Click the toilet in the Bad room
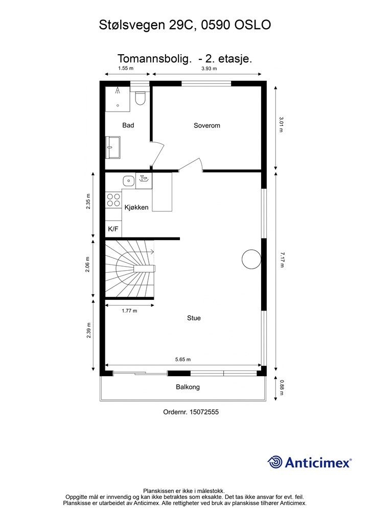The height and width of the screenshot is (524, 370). [x=140, y=98]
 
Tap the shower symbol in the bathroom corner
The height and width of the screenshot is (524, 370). [x=118, y=90]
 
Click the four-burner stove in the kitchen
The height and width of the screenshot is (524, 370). [x=113, y=200]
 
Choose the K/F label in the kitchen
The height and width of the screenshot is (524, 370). [x=113, y=229]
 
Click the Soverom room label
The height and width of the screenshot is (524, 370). [x=207, y=126]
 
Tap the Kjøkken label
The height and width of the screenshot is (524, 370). [x=136, y=207]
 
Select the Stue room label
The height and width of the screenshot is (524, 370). [x=194, y=318]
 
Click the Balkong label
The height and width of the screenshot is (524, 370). [x=188, y=387]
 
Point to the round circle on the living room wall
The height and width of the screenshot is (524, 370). [x=251, y=259]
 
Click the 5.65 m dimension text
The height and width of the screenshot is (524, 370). [x=183, y=360]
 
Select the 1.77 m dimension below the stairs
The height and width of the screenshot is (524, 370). [x=129, y=311]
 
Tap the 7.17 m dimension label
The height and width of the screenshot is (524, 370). [x=282, y=260]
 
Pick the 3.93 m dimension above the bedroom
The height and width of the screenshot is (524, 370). [x=209, y=69]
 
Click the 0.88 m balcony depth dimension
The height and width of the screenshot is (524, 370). [x=282, y=387]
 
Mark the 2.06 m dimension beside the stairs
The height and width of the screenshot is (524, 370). [x=88, y=265]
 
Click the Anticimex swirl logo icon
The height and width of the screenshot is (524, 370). [x=275, y=462]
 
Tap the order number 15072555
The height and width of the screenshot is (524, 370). [x=204, y=412]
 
